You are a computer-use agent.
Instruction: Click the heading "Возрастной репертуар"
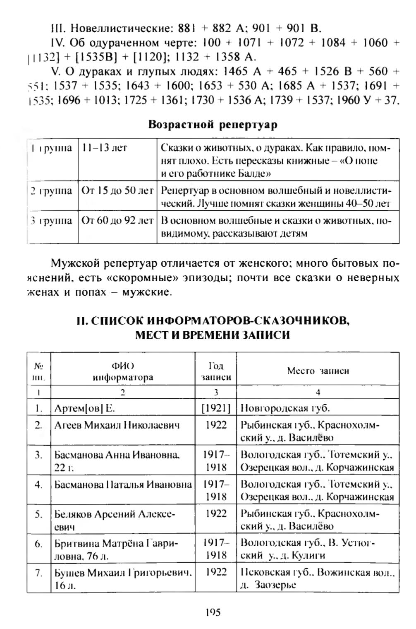point(213,125)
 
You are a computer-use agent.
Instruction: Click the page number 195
point(213,612)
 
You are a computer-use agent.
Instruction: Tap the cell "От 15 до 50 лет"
point(117,191)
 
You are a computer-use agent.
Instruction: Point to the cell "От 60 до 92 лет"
point(117,221)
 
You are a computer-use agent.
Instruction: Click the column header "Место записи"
point(318,371)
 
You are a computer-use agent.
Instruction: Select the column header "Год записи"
point(216,371)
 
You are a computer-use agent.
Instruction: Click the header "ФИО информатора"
point(123,371)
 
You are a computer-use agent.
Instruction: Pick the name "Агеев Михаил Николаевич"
point(117,425)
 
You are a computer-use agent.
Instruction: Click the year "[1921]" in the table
point(216,408)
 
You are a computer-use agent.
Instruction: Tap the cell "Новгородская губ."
point(285,408)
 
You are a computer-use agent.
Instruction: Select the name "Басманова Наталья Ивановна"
point(123,484)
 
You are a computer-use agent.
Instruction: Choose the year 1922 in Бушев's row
point(216,572)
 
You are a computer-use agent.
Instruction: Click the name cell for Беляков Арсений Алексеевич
point(115,520)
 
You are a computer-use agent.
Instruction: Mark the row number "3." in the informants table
point(39,455)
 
